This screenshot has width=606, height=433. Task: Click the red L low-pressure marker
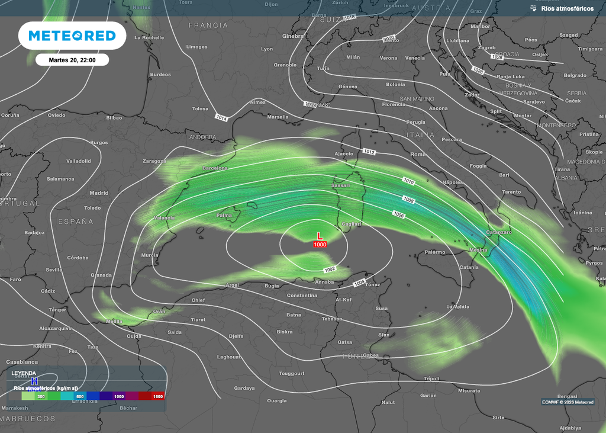pyautogui.click(x=320, y=236)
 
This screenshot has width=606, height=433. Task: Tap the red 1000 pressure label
pyautogui.click(x=320, y=245)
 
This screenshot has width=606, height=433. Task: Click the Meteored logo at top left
pyautogui.click(x=72, y=36)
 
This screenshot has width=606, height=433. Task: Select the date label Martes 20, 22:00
pyautogui.click(x=72, y=59)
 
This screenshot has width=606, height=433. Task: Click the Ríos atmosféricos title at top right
pyautogui.click(x=566, y=8)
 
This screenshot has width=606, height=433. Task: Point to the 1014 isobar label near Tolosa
pyautogui.click(x=221, y=118)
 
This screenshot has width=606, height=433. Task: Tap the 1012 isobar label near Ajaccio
pyautogui.click(x=369, y=152)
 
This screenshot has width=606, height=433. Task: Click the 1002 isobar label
pyautogui.click(x=330, y=270)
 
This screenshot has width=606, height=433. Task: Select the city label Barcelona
pyautogui.click(x=214, y=168)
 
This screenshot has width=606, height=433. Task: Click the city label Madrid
pyautogui.click(x=99, y=193)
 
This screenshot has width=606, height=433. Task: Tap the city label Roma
pyautogui.click(x=418, y=155)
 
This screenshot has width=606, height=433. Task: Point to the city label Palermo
pyautogui.click(x=434, y=252)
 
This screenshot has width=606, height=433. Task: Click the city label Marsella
pyautogui.click(x=278, y=117)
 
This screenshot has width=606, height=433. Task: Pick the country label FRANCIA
pyautogui.click(x=208, y=25)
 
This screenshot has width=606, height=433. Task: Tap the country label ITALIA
pyautogui.click(x=420, y=135)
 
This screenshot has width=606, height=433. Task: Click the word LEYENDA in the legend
pyautogui.click(x=24, y=373)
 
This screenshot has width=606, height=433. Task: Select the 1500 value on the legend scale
pyautogui.click(x=157, y=396)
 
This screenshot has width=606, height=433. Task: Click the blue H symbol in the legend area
pyautogui.click(x=34, y=381)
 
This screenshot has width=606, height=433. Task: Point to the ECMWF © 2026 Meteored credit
pyautogui.click(x=568, y=402)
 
